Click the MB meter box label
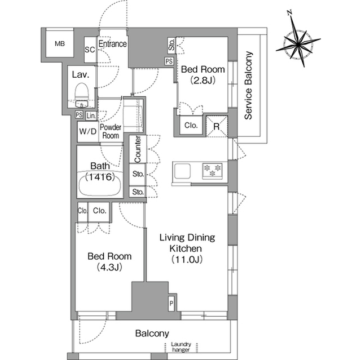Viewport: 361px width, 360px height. click(x=60, y=44)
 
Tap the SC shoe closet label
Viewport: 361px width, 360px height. click(x=90, y=50)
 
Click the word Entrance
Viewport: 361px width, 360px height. click(x=113, y=44)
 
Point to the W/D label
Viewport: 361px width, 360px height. click(x=88, y=131)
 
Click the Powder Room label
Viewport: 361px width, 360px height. click(x=111, y=131)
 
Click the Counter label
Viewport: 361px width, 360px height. click(x=138, y=149)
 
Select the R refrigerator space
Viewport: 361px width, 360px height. click(x=217, y=126)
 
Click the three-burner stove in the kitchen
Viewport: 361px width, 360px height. click(x=212, y=171)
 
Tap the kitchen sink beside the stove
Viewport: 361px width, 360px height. click(x=182, y=171)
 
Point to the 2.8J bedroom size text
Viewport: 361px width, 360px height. click(x=203, y=81)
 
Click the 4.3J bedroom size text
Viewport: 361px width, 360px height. click(x=109, y=267)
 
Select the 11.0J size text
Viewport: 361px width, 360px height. click(x=187, y=260)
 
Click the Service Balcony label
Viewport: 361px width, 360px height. click(x=248, y=86)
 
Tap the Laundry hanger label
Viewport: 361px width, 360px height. click(x=181, y=347)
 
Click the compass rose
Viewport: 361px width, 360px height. click(x=298, y=44)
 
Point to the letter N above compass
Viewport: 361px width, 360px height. click(x=290, y=12)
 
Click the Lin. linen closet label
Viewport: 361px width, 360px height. click(x=91, y=116)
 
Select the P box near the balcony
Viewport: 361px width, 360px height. click(x=171, y=304)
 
